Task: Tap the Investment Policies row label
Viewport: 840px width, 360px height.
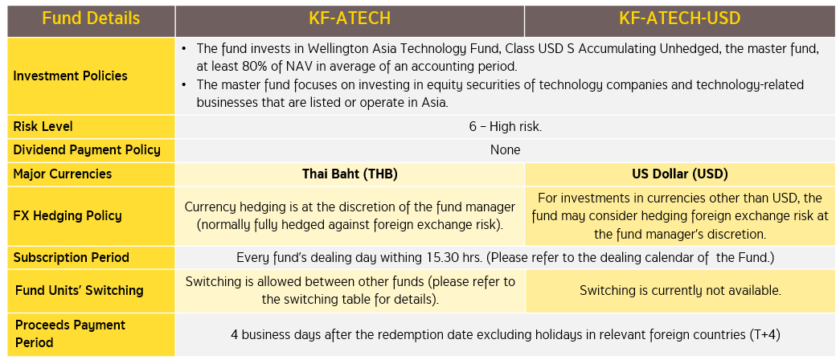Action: pyautogui.click(x=70, y=76)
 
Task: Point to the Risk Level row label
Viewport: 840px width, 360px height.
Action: pyautogui.click(x=43, y=127)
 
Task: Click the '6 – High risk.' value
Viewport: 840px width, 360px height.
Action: pyautogui.click(x=505, y=127)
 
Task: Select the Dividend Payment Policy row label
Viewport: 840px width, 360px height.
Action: pyautogui.click(x=87, y=149)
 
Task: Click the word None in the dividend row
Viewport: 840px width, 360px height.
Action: pyautogui.click(x=505, y=150)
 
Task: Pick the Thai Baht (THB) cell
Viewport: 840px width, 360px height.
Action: pyautogui.click(x=350, y=174)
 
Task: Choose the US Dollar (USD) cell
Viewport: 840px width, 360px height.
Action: pyautogui.click(x=680, y=174)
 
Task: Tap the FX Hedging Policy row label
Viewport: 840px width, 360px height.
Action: pyautogui.click(x=68, y=215)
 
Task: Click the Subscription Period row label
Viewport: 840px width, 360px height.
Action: pyautogui.click(x=72, y=258)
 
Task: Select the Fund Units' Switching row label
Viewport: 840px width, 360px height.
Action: pyautogui.click(x=80, y=290)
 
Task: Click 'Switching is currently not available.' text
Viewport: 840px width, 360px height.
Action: pyautogui.click(x=680, y=291)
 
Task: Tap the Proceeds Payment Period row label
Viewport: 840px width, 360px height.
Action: pyautogui.click(x=70, y=333)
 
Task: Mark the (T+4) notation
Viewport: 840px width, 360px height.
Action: pyautogui.click(x=764, y=335)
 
